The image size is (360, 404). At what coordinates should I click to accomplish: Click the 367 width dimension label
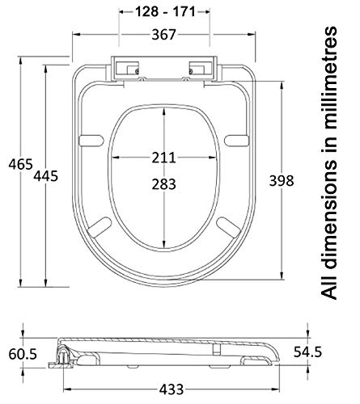(x=163, y=35)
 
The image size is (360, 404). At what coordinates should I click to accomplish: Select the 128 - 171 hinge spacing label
(x=165, y=12)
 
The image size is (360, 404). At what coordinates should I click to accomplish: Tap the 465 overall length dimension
(x=20, y=164)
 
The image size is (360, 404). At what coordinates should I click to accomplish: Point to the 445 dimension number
(x=45, y=176)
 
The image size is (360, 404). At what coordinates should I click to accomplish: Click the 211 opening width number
(x=163, y=158)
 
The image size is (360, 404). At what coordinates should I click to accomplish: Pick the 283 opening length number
(x=163, y=184)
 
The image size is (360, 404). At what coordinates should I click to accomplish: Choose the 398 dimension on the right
(x=282, y=180)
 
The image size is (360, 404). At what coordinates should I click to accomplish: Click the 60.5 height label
(x=23, y=354)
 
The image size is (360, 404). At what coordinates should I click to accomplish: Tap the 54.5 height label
(x=307, y=352)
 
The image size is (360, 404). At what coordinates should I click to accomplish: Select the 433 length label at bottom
(x=172, y=389)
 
